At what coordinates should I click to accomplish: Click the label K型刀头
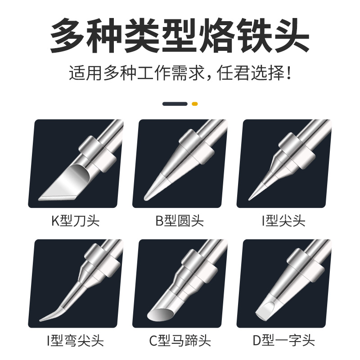tap(76, 221)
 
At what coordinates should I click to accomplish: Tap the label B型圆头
tap(180, 221)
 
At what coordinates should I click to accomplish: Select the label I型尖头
tap(284, 221)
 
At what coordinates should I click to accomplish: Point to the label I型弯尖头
tap(76, 341)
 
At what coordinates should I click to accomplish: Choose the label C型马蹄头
tap(180, 341)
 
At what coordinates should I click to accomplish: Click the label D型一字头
tap(284, 341)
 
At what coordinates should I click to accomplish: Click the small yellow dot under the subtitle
tap(195, 104)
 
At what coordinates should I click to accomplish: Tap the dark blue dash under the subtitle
tap(175, 104)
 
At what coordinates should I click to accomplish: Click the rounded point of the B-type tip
tap(145, 198)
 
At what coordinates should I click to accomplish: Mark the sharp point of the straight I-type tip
tap(249, 199)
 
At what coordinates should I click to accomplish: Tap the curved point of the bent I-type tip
tap(40, 320)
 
